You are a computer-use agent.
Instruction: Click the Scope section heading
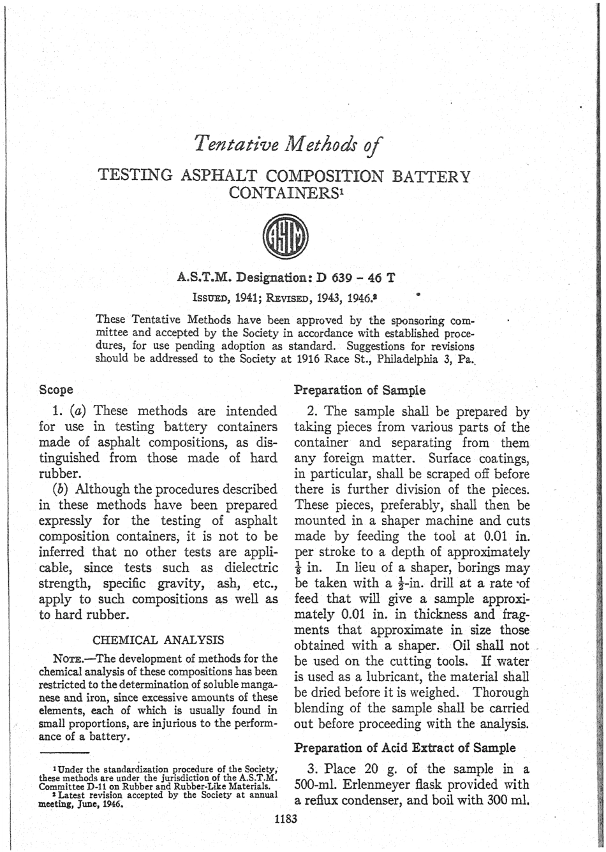pyautogui.click(x=56, y=388)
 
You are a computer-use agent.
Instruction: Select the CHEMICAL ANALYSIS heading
pyautogui.click(x=159, y=638)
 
